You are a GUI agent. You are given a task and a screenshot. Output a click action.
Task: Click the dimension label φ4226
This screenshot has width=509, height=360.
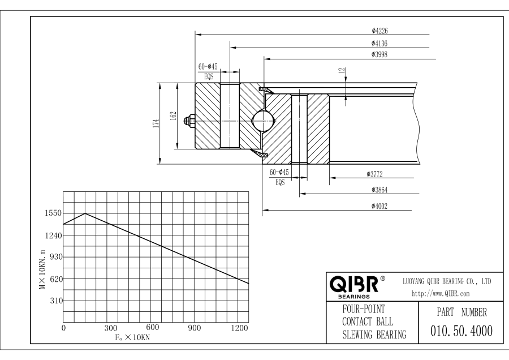[379, 32]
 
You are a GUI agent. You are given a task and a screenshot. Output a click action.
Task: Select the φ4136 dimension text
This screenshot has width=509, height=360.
[379, 43]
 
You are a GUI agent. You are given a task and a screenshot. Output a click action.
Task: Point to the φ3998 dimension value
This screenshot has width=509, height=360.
[379, 54]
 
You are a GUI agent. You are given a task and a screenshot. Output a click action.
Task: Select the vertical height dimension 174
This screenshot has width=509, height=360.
[155, 123]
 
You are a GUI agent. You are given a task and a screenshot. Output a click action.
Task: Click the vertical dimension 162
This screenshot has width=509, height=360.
[172, 116]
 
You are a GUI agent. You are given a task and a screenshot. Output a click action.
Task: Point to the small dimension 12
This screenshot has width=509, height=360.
[341, 71]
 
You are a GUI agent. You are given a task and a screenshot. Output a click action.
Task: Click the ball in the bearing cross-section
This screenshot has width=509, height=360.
[263, 120]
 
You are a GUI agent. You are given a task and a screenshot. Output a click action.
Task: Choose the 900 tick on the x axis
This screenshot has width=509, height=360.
[195, 328]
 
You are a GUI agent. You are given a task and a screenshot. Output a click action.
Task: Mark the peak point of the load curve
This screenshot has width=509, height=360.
[85, 213]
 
